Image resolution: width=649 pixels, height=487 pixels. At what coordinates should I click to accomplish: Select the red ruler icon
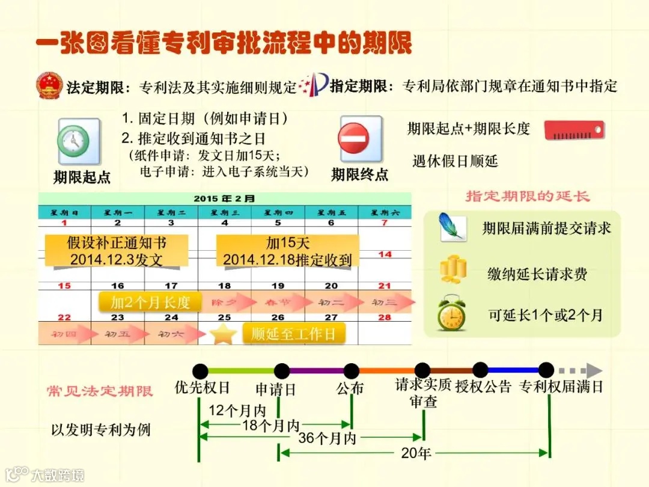[574, 130]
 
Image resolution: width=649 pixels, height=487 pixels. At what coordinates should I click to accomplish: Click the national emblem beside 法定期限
[49, 87]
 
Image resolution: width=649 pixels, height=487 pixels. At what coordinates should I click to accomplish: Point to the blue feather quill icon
[452, 227]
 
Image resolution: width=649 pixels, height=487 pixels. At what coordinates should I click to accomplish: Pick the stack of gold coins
[452, 271]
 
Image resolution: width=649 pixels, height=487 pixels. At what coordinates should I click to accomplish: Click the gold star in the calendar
[223, 334]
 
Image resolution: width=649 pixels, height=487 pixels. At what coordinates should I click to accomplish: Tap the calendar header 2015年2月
[224, 198]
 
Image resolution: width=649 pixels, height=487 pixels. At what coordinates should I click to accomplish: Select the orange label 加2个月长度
[150, 302]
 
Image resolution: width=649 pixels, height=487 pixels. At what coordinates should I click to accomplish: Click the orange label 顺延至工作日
[293, 334]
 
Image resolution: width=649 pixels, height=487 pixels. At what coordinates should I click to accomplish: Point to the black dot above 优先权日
[200, 371]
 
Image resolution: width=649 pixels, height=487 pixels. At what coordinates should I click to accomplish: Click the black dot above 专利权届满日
[546, 370]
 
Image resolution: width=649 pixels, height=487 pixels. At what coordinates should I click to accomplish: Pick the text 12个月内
[237, 411]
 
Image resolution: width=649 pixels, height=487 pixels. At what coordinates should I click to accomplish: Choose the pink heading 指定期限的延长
[528, 197]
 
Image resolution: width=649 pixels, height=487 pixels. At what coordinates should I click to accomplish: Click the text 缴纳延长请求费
[537, 275]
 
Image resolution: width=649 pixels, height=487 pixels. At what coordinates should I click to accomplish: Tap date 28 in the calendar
[385, 317]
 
